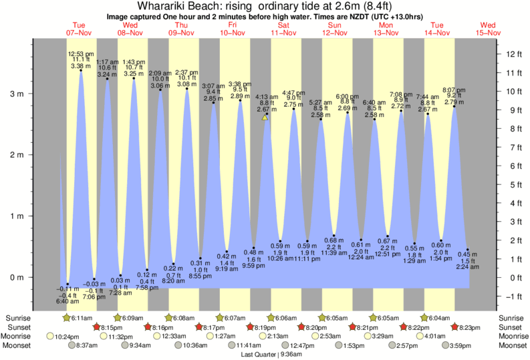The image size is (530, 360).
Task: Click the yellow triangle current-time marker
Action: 265,118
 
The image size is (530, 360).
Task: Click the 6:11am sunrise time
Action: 83,317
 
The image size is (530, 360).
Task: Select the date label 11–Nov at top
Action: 283,32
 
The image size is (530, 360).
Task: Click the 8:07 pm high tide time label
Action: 454,89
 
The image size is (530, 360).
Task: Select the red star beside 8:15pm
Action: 97,327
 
